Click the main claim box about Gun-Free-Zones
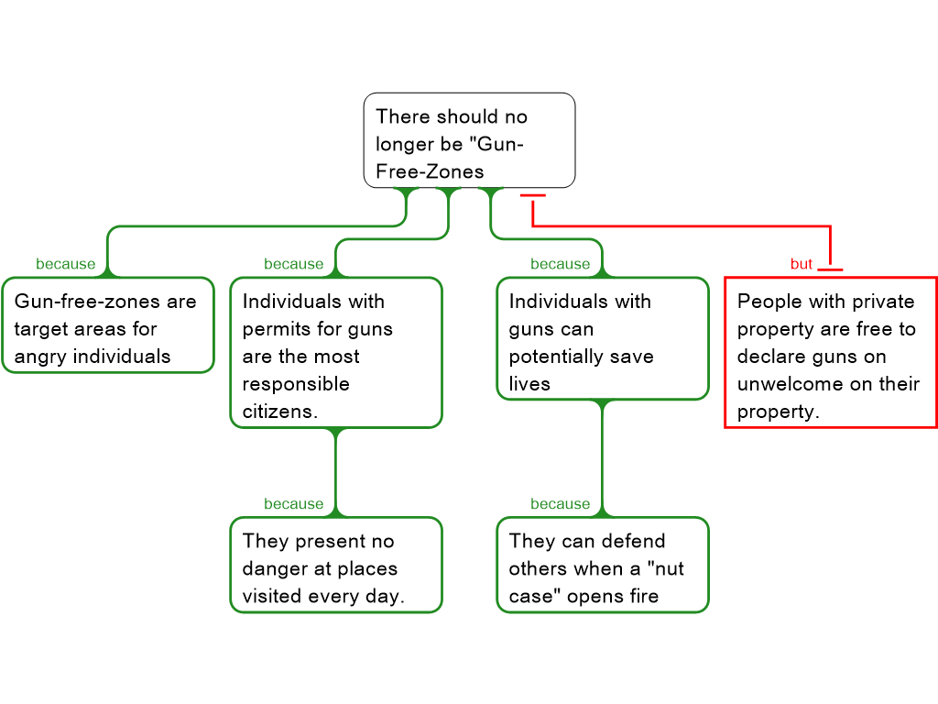[x=469, y=140]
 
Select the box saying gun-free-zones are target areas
[x=107, y=325]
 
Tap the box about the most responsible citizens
[x=335, y=353]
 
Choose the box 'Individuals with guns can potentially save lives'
[x=602, y=339]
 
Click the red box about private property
[x=830, y=353]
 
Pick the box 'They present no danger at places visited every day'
[x=335, y=566]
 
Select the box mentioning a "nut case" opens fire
[x=602, y=566]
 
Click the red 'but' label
[x=802, y=264]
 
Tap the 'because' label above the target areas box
[x=65, y=264]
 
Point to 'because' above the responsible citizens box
[x=293, y=264]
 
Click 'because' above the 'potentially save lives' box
[x=560, y=264]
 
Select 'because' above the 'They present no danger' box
[x=293, y=504]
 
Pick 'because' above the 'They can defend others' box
[x=560, y=504]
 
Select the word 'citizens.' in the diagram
[x=280, y=412]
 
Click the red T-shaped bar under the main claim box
[x=532, y=196]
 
